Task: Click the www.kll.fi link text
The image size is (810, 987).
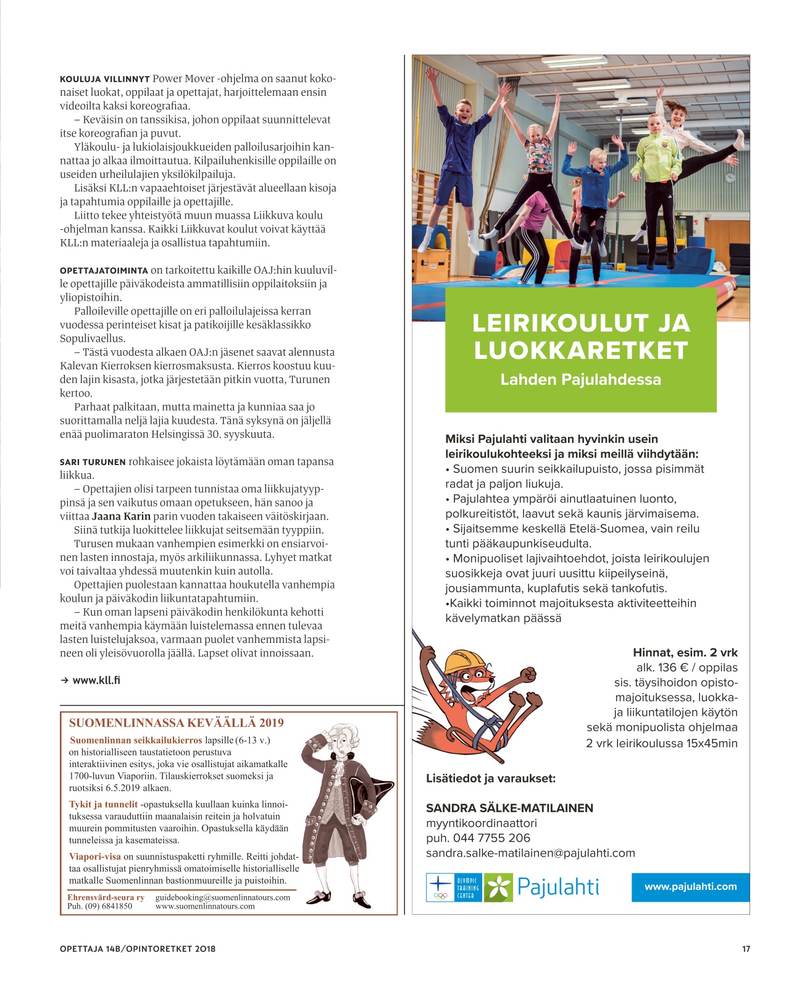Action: [x=96, y=680]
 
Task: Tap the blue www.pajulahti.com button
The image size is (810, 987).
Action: [x=690, y=886]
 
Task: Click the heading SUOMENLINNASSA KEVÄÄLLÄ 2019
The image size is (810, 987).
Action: [x=177, y=723]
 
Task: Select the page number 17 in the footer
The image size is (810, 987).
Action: [x=746, y=949]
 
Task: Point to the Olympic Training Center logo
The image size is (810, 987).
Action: [x=454, y=888]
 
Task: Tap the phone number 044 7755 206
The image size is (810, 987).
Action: [x=491, y=838]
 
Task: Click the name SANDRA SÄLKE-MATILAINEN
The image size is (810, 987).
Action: [x=509, y=808]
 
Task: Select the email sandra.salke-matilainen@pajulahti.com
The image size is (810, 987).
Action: [x=530, y=853]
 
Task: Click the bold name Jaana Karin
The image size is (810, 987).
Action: [x=121, y=516]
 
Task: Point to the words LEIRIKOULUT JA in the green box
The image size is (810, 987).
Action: [x=580, y=323]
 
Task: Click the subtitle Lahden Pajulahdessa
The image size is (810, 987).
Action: [x=580, y=379]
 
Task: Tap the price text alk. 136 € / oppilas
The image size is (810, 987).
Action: [x=687, y=667]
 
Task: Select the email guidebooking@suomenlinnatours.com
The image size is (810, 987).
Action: [x=223, y=897]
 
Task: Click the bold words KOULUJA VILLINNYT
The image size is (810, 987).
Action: [x=104, y=79]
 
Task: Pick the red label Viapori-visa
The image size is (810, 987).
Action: [x=95, y=857]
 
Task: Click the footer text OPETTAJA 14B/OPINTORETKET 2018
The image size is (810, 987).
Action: [x=138, y=949]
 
